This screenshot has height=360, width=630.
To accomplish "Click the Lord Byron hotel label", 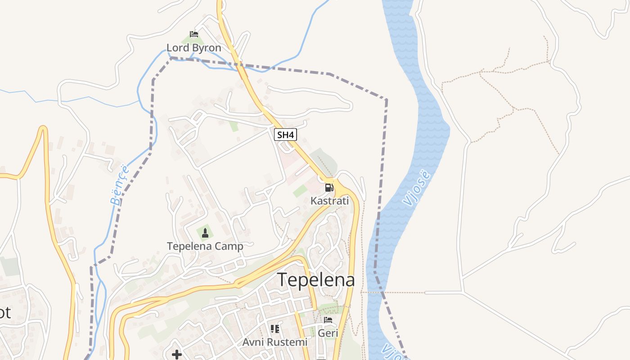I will click(x=193, y=48).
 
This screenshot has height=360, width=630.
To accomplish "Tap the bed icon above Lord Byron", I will click(x=194, y=34).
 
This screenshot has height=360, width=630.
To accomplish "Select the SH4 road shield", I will click(x=286, y=135).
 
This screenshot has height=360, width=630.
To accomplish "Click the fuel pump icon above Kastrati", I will click(x=329, y=187).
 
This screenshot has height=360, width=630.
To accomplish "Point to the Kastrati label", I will click(x=329, y=201).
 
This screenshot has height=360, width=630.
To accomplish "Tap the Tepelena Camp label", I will click(x=205, y=246).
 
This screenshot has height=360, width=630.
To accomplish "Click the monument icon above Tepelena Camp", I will click(x=205, y=233).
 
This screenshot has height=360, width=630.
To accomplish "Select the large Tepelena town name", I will click(x=316, y=280).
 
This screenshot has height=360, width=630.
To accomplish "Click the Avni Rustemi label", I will click(x=275, y=342).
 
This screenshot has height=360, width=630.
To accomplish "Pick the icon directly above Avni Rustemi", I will click(x=275, y=329).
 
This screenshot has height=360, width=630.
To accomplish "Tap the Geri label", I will click(x=328, y=333).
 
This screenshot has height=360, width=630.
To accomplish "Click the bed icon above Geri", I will click(x=328, y=320).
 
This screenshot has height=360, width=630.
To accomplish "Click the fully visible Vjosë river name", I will click(x=417, y=188).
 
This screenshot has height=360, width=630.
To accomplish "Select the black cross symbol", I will click(x=177, y=355).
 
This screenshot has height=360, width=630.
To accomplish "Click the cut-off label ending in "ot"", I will click(x=4, y=312).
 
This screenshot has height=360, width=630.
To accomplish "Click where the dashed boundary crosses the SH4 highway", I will click(x=241, y=66).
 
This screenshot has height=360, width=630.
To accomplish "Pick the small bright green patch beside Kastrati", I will click(x=300, y=191).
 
